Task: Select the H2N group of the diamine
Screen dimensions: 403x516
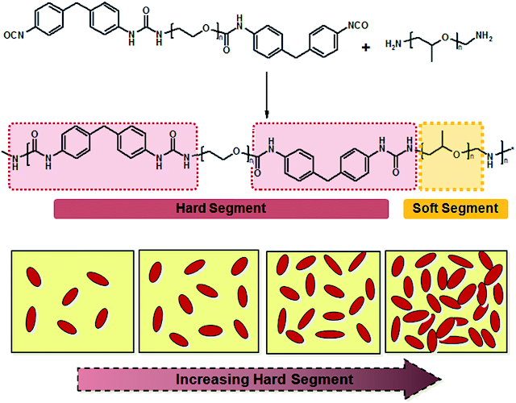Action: point(395,46)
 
